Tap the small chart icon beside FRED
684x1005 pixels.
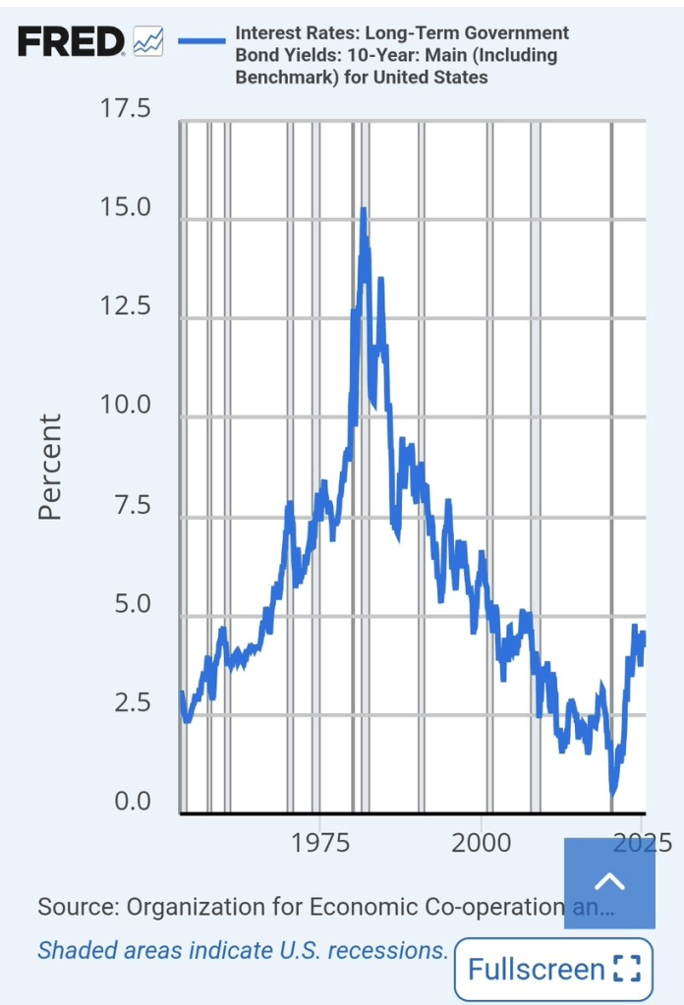point(148,41)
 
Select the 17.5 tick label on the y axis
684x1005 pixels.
point(125,108)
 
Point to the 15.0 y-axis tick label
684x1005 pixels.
point(125,207)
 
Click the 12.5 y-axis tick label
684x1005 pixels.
point(125,307)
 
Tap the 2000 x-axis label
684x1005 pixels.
point(482,843)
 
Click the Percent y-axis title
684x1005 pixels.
point(50,466)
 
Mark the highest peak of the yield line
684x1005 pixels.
point(364,210)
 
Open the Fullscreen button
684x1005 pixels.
point(554,970)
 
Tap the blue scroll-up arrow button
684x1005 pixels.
point(609,883)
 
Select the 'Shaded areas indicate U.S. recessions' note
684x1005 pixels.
point(243,951)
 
